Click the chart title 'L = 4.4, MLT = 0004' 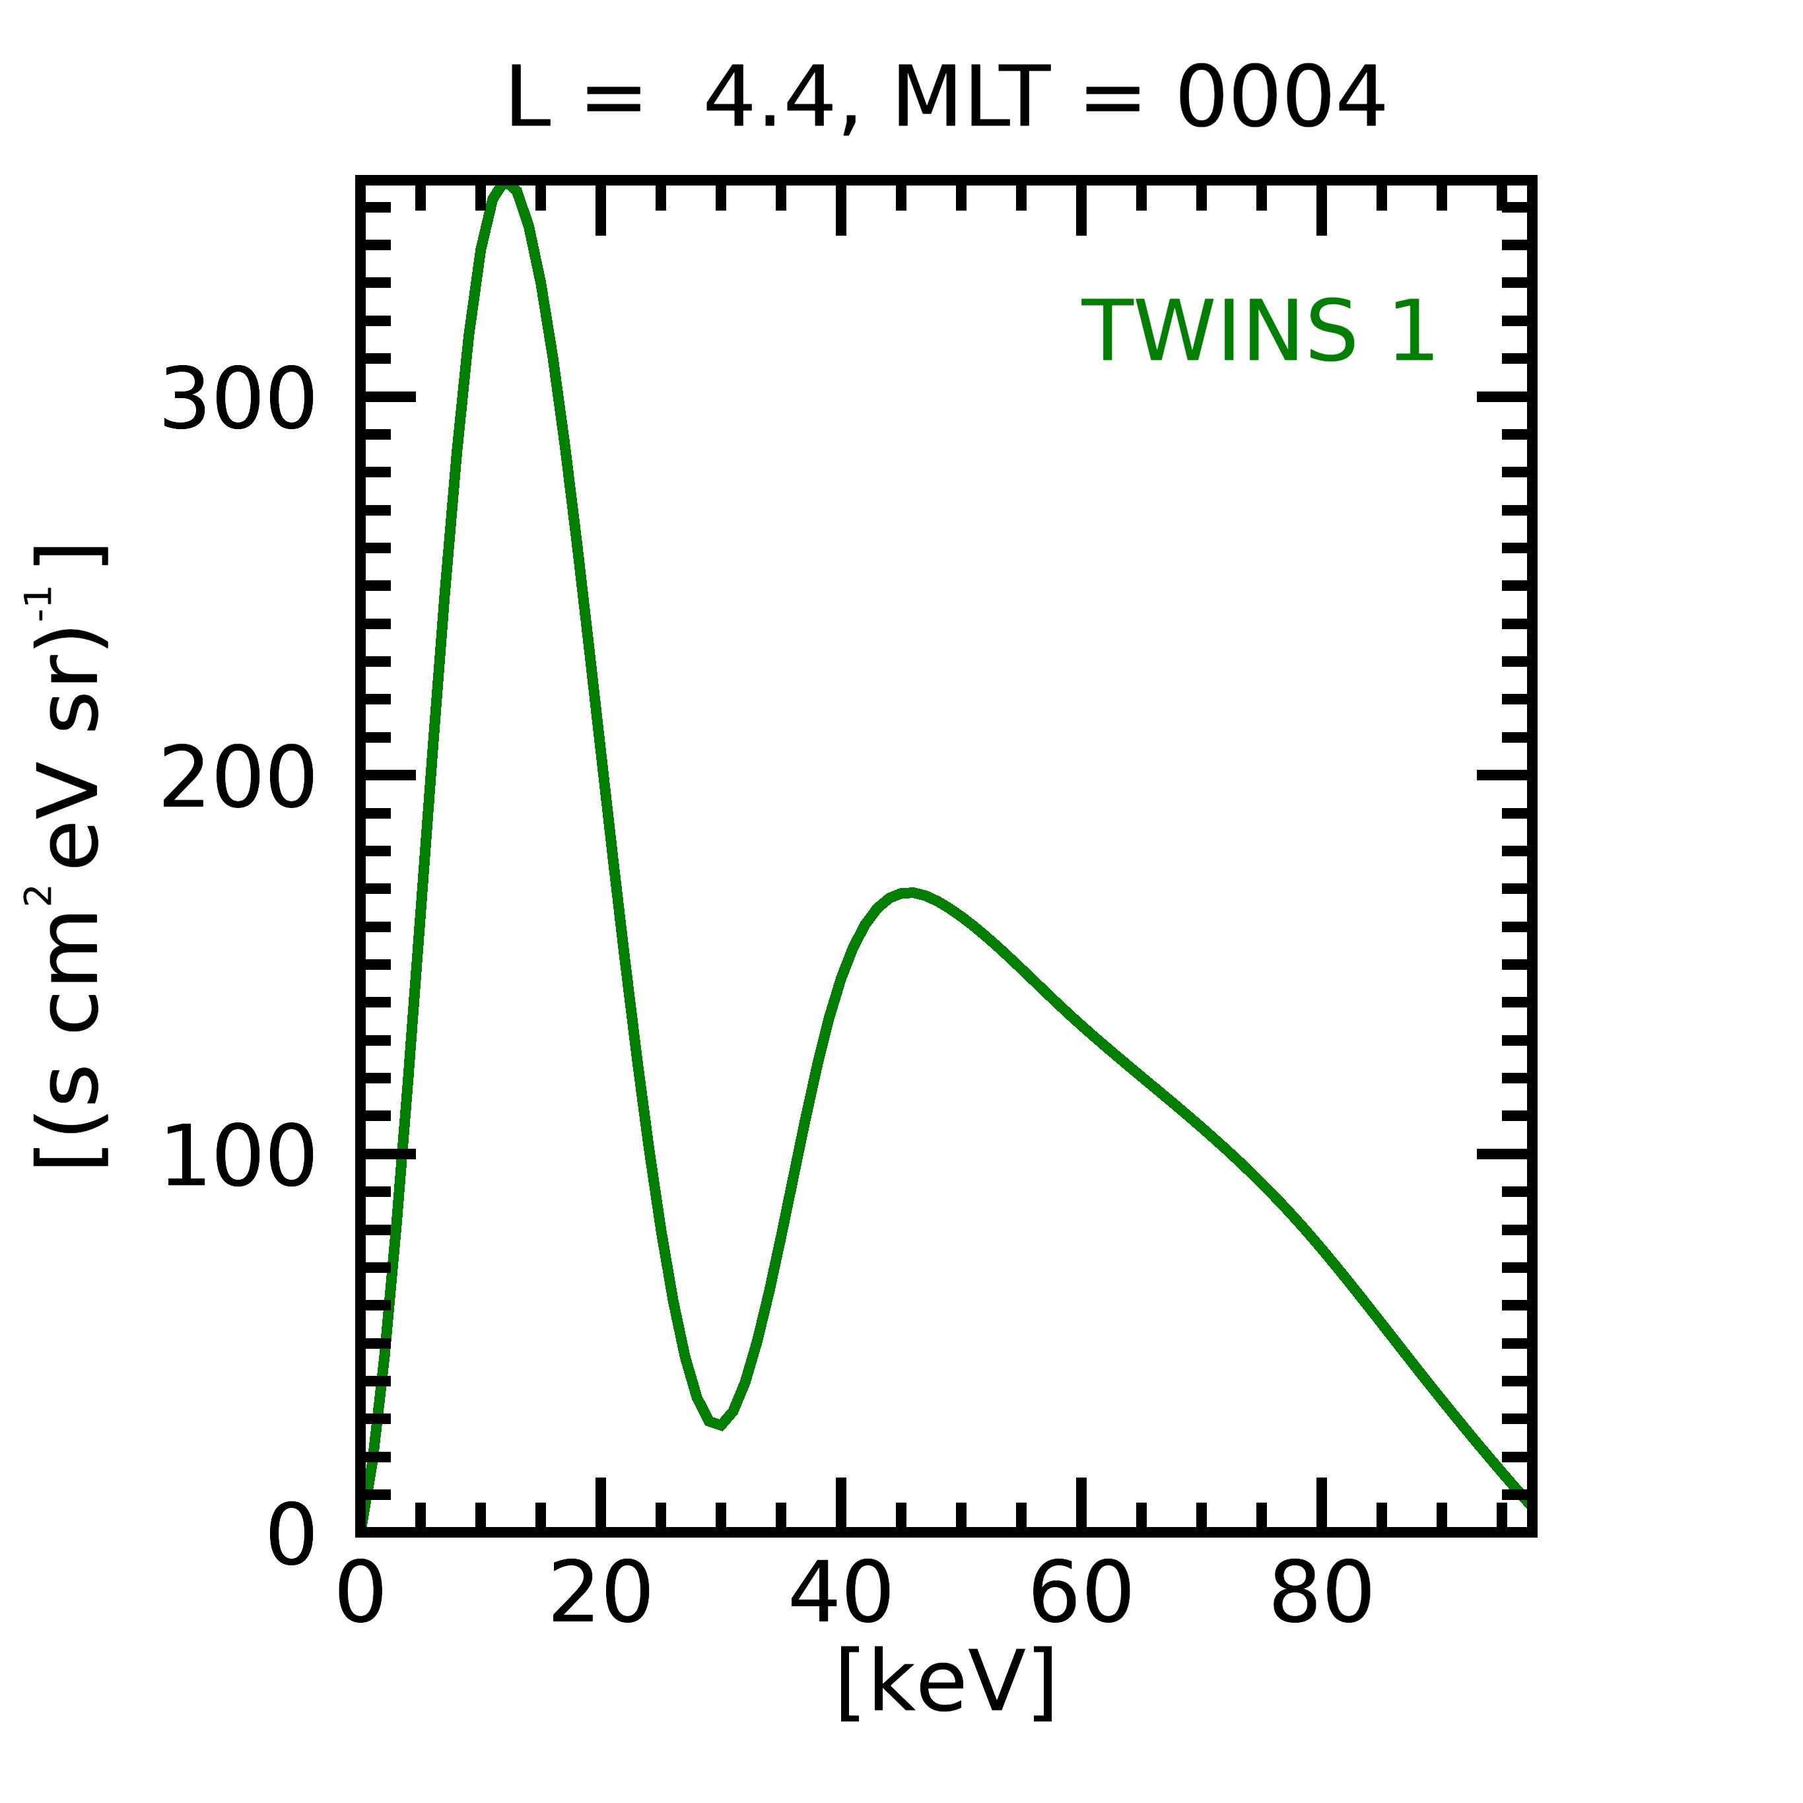tap(945, 99)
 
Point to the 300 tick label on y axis tap(238, 399)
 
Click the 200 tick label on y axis tap(238, 778)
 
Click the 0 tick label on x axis tap(360, 1596)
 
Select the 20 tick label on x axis tap(600, 1596)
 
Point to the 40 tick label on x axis tap(841, 1596)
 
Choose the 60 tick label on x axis tap(1081, 1596)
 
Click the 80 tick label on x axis tap(1320, 1596)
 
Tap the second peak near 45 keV tap(909, 893)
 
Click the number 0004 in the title tap(1279, 99)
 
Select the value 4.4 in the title tap(768, 99)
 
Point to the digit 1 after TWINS tap(1413, 331)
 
